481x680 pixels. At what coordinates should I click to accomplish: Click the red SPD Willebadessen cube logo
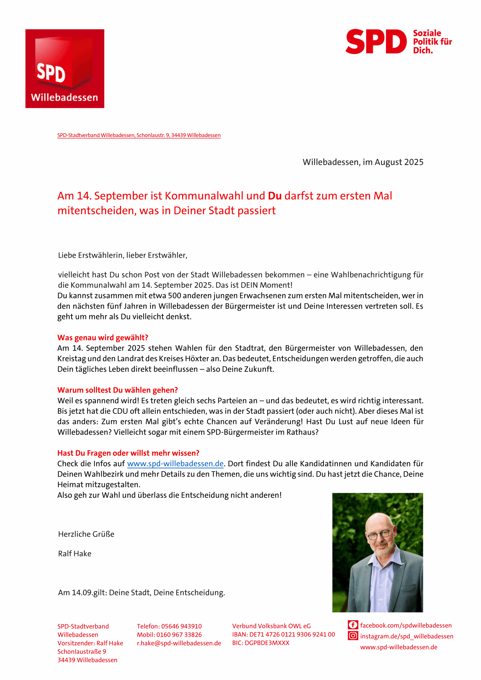tap(65, 69)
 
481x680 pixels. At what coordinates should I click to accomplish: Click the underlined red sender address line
tap(139, 135)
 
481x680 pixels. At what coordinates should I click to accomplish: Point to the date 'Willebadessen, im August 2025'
tap(363, 162)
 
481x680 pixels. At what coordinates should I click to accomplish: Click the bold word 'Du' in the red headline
tap(275, 196)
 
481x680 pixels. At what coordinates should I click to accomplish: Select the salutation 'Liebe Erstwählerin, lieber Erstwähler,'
tap(123, 255)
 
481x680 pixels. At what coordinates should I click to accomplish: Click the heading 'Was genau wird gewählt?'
tap(103, 338)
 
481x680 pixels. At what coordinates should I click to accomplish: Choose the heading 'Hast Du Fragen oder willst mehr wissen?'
tap(128, 453)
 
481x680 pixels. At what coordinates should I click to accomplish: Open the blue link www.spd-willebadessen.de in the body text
tap(175, 464)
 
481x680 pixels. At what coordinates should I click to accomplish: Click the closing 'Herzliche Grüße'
tap(86, 534)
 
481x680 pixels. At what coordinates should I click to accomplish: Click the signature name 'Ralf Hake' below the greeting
tap(75, 554)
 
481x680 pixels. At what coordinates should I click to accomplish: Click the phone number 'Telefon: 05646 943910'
tap(169, 626)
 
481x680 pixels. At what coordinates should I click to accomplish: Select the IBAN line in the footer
tap(283, 634)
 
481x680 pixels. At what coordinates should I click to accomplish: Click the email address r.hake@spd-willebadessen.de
tap(179, 643)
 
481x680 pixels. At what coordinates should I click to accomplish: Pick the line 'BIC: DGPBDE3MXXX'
tap(260, 643)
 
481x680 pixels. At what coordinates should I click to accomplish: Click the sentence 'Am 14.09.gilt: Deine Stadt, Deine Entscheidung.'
tap(141, 593)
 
